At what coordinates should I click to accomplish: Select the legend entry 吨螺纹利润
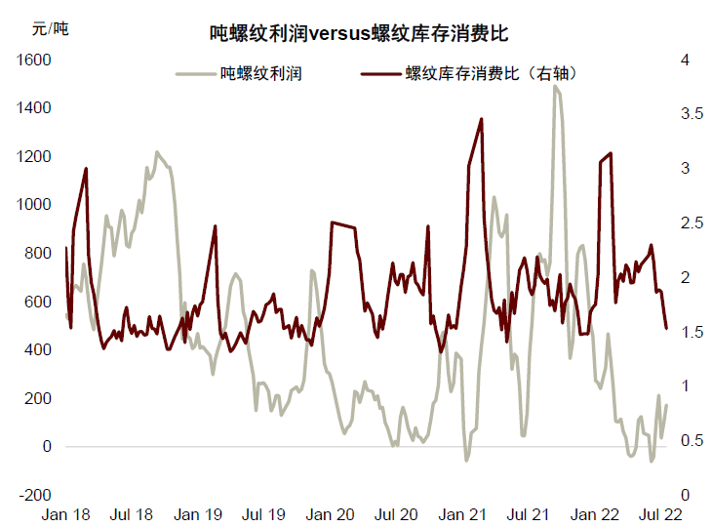point(259,73)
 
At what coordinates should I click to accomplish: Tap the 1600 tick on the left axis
point(32,61)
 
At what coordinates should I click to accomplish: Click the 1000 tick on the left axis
point(32,205)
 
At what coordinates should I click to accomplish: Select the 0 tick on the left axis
point(45,447)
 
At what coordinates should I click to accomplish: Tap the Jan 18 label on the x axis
point(66,514)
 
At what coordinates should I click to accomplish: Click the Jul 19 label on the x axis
point(262,514)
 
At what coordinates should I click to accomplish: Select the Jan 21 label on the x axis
point(462,514)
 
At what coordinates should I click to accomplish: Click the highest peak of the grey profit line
point(555,86)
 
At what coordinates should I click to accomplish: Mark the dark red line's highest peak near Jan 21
point(482,119)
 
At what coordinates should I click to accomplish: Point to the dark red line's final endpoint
point(667,328)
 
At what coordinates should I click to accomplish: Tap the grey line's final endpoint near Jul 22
point(667,406)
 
